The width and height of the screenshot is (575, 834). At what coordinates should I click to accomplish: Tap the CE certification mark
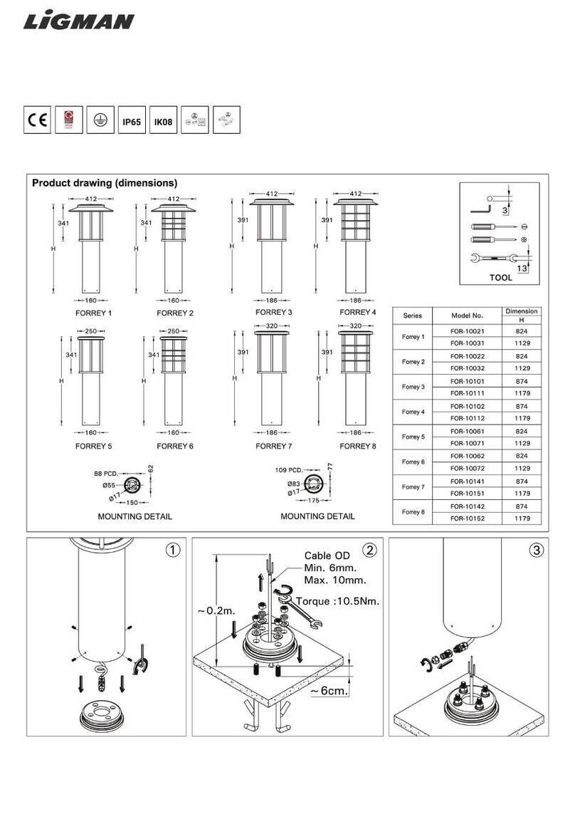click(37, 121)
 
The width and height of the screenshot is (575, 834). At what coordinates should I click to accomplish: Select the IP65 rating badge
click(132, 122)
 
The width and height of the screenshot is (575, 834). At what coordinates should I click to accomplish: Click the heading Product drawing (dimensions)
click(104, 183)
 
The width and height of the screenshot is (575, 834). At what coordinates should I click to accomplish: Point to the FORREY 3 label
click(274, 313)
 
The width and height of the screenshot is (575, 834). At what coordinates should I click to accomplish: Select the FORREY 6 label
click(175, 447)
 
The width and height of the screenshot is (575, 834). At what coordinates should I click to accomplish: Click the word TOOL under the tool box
click(500, 278)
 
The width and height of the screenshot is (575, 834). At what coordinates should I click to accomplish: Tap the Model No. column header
click(467, 316)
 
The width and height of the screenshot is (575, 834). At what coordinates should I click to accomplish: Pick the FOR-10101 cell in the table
click(467, 381)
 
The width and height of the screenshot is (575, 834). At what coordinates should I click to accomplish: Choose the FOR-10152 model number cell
click(467, 518)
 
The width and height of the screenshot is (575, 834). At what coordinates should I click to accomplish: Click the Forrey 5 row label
click(413, 437)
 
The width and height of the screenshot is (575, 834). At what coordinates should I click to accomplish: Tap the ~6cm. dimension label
click(328, 691)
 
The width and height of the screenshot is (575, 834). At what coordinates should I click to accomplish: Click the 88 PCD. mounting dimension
click(105, 473)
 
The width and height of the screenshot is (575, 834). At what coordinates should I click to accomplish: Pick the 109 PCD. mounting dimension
click(288, 470)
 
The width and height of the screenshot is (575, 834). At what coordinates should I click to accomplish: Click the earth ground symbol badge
click(100, 121)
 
